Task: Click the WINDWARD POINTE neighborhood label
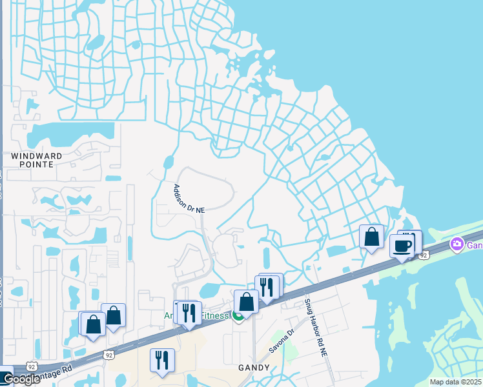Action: click(x=36, y=160)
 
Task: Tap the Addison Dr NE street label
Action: click(x=189, y=199)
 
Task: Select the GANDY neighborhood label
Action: click(x=252, y=366)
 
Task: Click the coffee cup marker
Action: click(x=402, y=246)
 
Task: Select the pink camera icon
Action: click(x=457, y=244)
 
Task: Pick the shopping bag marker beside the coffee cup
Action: click(x=372, y=237)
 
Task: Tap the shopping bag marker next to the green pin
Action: click(x=247, y=301)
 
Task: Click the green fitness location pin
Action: click(x=238, y=316)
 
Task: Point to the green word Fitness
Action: click(x=214, y=316)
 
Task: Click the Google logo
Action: click(x=21, y=379)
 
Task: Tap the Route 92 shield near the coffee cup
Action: click(x=424, y=255)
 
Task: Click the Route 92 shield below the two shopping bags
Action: click(x=108, y=355)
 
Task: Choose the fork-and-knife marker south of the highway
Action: click(x=160, y=360)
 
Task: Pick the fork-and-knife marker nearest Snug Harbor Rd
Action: click(x=267, y=286)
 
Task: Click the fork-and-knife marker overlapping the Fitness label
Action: click(x=188, y=313)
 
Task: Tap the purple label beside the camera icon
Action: click(x=475, y=245)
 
